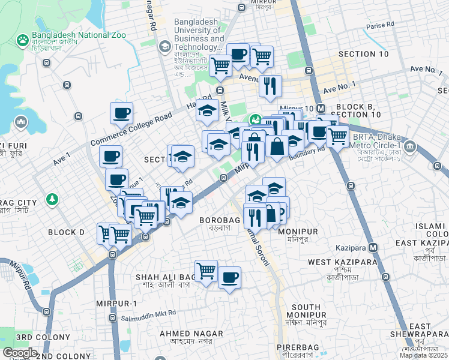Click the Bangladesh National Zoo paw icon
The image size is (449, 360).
(x=22, y=40)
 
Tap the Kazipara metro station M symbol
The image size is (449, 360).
(x=373, y=247)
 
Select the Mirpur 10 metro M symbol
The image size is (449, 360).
(x=321, y=108)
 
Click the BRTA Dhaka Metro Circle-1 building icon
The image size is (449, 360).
(x=410, y=146)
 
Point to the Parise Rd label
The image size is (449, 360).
(x=380, y=25)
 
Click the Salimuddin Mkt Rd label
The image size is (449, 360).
(x=148, y=313)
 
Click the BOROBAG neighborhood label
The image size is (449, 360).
(x=220, y=220)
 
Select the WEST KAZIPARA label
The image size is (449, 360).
(x=342, y=262)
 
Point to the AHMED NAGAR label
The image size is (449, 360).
(x=191, y=334)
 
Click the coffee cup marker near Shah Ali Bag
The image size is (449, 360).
(x=229, y=277)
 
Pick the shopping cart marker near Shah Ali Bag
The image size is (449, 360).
(x=206, y=270)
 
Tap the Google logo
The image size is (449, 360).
(x=20, y=353)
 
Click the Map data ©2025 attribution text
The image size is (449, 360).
(x=423, y=355)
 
